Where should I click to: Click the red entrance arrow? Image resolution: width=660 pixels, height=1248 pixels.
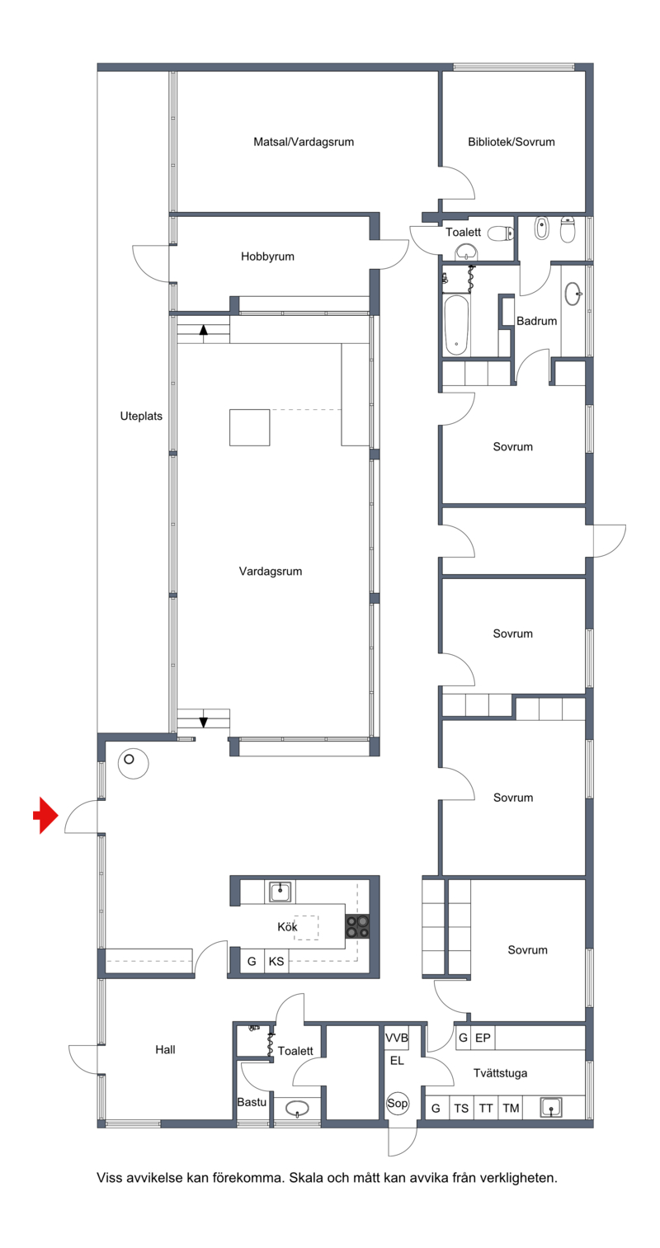pos(45,815)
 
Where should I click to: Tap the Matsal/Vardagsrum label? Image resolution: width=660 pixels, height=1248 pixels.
pos(304,142)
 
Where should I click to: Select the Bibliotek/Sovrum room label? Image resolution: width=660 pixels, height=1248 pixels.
pos(511,142)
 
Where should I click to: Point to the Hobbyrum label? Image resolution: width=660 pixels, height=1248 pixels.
pos(267,257)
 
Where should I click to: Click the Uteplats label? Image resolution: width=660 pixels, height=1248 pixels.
pos(141,416)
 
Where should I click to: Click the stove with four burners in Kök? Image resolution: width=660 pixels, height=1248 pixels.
pos(356,926)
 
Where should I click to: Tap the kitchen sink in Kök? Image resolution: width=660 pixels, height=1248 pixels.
pos(280,892)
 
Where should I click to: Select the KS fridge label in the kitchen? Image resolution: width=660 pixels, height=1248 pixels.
pos(276,961)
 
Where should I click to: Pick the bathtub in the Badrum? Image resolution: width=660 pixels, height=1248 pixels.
pos(456,325)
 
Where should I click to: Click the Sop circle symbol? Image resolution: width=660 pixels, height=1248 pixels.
pos(398,1103)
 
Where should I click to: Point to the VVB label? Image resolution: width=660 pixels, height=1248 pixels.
pos(396,1038)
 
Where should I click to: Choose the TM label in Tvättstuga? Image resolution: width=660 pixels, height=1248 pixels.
pos(511,1108)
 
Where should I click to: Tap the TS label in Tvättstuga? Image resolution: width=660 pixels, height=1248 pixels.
pos(461,1108)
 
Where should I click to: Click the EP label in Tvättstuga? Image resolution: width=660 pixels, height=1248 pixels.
pos(483,1038)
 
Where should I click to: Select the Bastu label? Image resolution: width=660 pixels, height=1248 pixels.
pos(252,1102)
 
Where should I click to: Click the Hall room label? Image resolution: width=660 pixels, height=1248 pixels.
pos(165,1050)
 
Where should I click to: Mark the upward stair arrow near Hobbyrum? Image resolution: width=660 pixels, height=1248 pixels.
pos(204,330)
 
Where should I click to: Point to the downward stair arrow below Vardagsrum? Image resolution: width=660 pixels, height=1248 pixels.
pos(204,722)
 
